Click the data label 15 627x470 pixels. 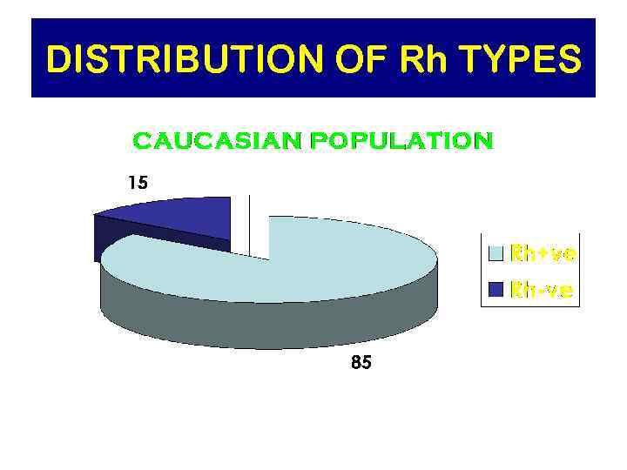(x=138, y=183)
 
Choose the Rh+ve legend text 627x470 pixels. (x=543, y=254)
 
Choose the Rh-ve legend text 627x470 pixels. (x=541, y=290)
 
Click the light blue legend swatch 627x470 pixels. (x=496, y=254)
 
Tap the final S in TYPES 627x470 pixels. (x=567, y=60)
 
